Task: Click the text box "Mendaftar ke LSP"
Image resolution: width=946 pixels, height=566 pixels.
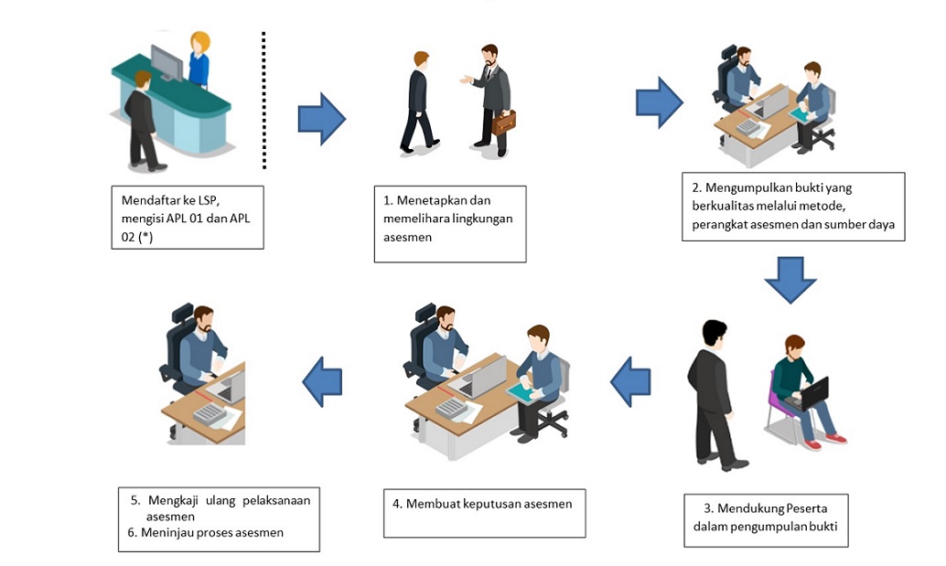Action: (188, 218)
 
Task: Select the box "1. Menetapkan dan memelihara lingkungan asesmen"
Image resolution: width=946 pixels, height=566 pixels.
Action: (449, 224)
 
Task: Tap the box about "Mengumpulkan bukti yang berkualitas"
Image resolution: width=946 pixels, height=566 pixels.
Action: (793, 207)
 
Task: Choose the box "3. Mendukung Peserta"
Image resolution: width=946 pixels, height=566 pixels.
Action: (767, 519)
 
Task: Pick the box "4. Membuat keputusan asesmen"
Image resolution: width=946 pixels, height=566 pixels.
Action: (484, 513)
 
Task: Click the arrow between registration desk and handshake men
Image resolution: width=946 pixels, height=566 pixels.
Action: (321, 119)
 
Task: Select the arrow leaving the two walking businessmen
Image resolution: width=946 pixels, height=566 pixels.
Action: (659, 102)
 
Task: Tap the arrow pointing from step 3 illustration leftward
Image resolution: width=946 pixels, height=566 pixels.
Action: (630, 382)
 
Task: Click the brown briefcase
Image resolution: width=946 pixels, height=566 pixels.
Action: (503, 122)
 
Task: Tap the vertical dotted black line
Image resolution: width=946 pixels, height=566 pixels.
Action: (263, 101)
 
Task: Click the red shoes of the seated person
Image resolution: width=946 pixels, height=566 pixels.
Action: (835, 439)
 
